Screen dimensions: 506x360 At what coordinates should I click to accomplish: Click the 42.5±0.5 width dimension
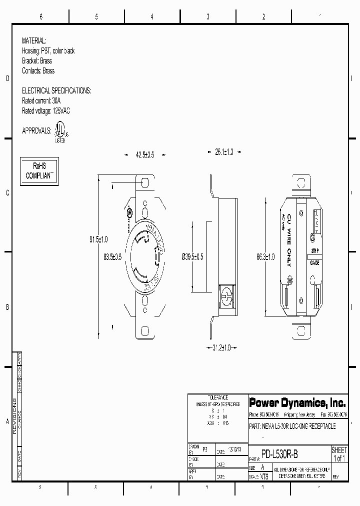pos(145,155)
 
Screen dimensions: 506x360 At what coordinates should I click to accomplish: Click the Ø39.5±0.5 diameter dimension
pos(192,257)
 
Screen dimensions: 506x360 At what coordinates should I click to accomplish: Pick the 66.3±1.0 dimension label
pos(265,257)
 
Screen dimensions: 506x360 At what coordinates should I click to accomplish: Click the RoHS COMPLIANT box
pos(39,171)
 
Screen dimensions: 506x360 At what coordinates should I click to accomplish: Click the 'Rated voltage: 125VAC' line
pos(45,111)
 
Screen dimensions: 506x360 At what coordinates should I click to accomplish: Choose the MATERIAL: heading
pos(34,41)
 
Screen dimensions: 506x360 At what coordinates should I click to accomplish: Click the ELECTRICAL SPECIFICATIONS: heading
pos(56,91)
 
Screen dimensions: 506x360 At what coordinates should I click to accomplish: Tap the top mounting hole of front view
pos(145,182)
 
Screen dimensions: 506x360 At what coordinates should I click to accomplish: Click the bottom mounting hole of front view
pos(145,330)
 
